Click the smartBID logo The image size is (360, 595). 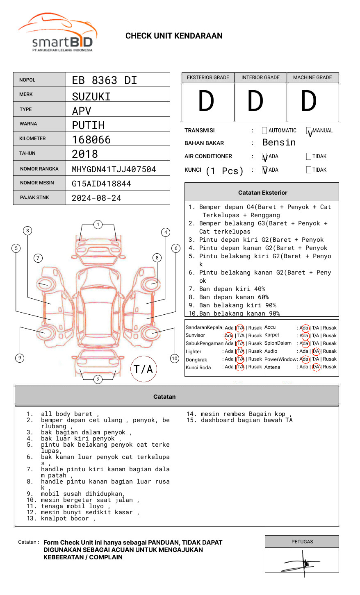[57, 33]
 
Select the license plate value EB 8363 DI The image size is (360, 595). [105, 80]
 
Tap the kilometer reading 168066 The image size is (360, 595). [91, 140]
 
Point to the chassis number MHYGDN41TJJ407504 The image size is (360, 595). [114, 169]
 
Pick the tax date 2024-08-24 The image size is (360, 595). [96, 198]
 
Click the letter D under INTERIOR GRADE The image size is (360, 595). [255, 102]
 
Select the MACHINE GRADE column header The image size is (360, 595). [312, 77]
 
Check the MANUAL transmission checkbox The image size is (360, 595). [309, 131]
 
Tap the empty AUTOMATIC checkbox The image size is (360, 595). [264, 131]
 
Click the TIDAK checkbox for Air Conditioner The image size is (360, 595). [309, 156]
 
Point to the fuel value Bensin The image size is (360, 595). [279, 143]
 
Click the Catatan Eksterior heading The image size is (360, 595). [262, 193]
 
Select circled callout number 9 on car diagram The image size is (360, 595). [20, 358]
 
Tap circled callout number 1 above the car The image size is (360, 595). [98, 224]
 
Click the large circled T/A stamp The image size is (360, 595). [144, 369]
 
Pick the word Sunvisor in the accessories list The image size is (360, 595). [195, 335]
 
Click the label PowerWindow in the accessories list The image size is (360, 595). [280, 359]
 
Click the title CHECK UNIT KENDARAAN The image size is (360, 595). [174, 36]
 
